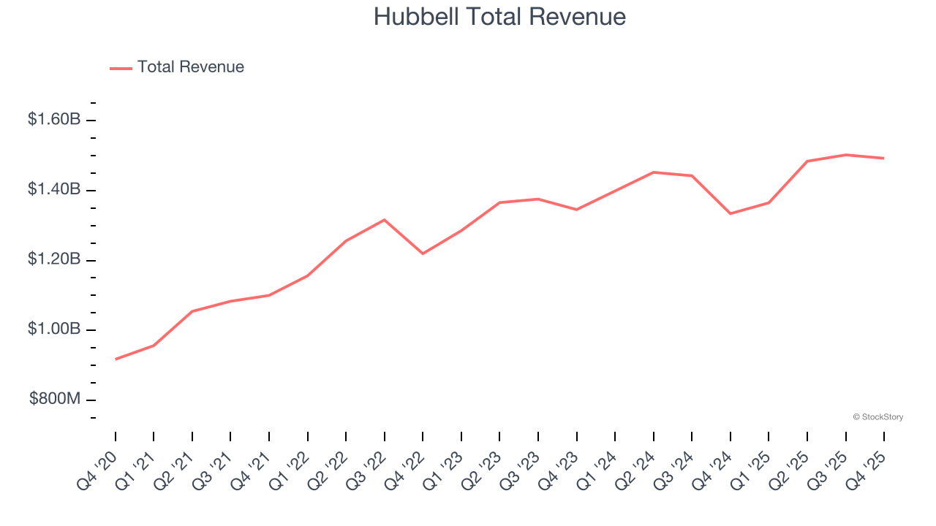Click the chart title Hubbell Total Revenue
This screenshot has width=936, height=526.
point(499,17)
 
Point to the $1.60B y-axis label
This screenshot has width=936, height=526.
point(54,119)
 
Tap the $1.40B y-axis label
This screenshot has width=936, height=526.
point(54,189)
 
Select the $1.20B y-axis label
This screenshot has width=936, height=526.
point(54,259)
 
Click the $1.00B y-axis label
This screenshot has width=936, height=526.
point(54,329)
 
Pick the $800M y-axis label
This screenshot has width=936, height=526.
point(55,399)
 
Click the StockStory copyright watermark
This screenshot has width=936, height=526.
point(877,417)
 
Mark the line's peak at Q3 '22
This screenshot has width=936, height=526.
point(385,220)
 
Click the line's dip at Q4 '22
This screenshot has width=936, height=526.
point(423,254)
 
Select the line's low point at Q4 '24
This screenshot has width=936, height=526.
point(731,213)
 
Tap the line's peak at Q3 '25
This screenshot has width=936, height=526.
point(845,155)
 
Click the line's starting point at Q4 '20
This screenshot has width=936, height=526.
point(116,359)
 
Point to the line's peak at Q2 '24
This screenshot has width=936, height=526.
point(653,172)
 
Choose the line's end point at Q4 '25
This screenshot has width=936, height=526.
point(884,158)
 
